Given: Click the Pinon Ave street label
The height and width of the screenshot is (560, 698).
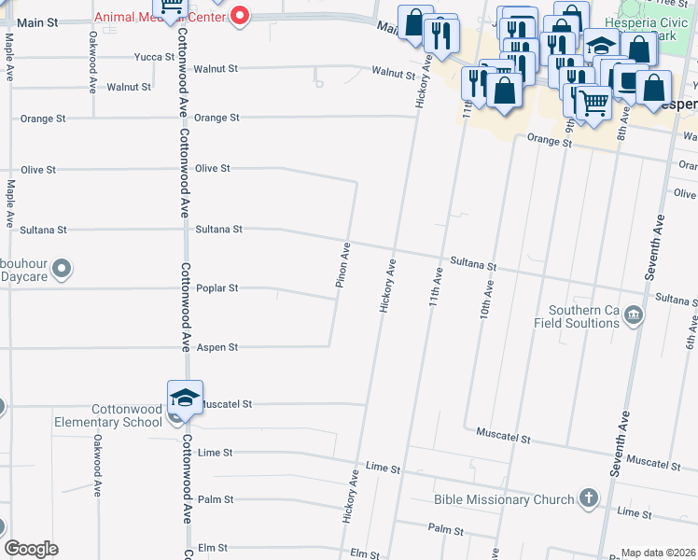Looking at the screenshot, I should [x=343, y=264].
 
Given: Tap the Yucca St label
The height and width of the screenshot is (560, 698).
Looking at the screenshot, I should [x=155, y=57].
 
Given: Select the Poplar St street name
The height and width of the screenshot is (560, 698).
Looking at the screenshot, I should [x=217, y=288].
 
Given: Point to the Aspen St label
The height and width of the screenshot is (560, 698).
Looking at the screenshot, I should [x=217, y=347].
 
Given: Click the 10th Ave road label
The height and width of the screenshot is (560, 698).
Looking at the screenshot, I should [x=486, y=300].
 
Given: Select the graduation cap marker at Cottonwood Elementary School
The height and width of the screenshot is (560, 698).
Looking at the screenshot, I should [x=185, y=398].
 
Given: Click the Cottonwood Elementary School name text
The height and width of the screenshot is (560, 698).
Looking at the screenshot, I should [x=127, y=415].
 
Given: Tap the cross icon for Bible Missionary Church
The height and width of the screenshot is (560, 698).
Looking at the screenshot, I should [x=588, y=498].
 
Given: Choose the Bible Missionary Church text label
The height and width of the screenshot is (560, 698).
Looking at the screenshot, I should [x=504, y=499].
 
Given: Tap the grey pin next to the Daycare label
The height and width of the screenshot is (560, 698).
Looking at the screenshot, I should [x=63, y=271].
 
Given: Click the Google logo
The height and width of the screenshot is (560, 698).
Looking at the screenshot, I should [x=31, y=549].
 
